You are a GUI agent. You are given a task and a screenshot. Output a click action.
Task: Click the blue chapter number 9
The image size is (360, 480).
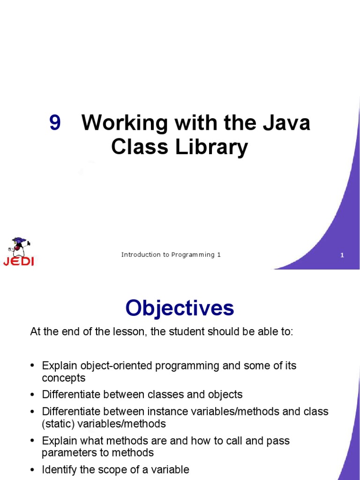(55, 123)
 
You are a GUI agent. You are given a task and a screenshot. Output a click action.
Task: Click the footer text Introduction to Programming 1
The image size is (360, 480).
(171, 255)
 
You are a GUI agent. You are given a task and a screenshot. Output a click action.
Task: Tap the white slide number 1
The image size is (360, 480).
(342, 255)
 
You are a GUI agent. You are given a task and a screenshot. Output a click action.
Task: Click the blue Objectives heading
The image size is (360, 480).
(180, 308)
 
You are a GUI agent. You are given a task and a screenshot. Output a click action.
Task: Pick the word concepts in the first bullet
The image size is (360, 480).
(64, 378)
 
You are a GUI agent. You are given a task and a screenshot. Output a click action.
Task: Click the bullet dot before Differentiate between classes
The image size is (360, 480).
(32, 395)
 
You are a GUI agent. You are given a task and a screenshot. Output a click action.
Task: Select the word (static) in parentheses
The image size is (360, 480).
(57, 424)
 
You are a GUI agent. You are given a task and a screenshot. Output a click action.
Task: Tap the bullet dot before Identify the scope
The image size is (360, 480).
(32, 470)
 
